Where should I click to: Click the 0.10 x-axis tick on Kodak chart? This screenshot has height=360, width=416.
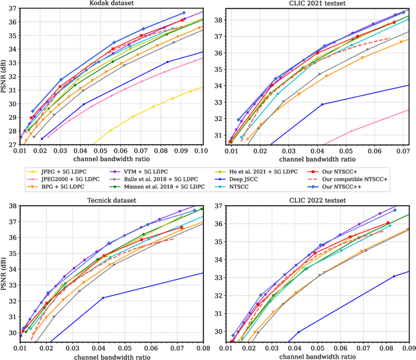click(200, 151)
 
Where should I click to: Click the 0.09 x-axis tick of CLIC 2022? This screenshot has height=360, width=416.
click(409, 348)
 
